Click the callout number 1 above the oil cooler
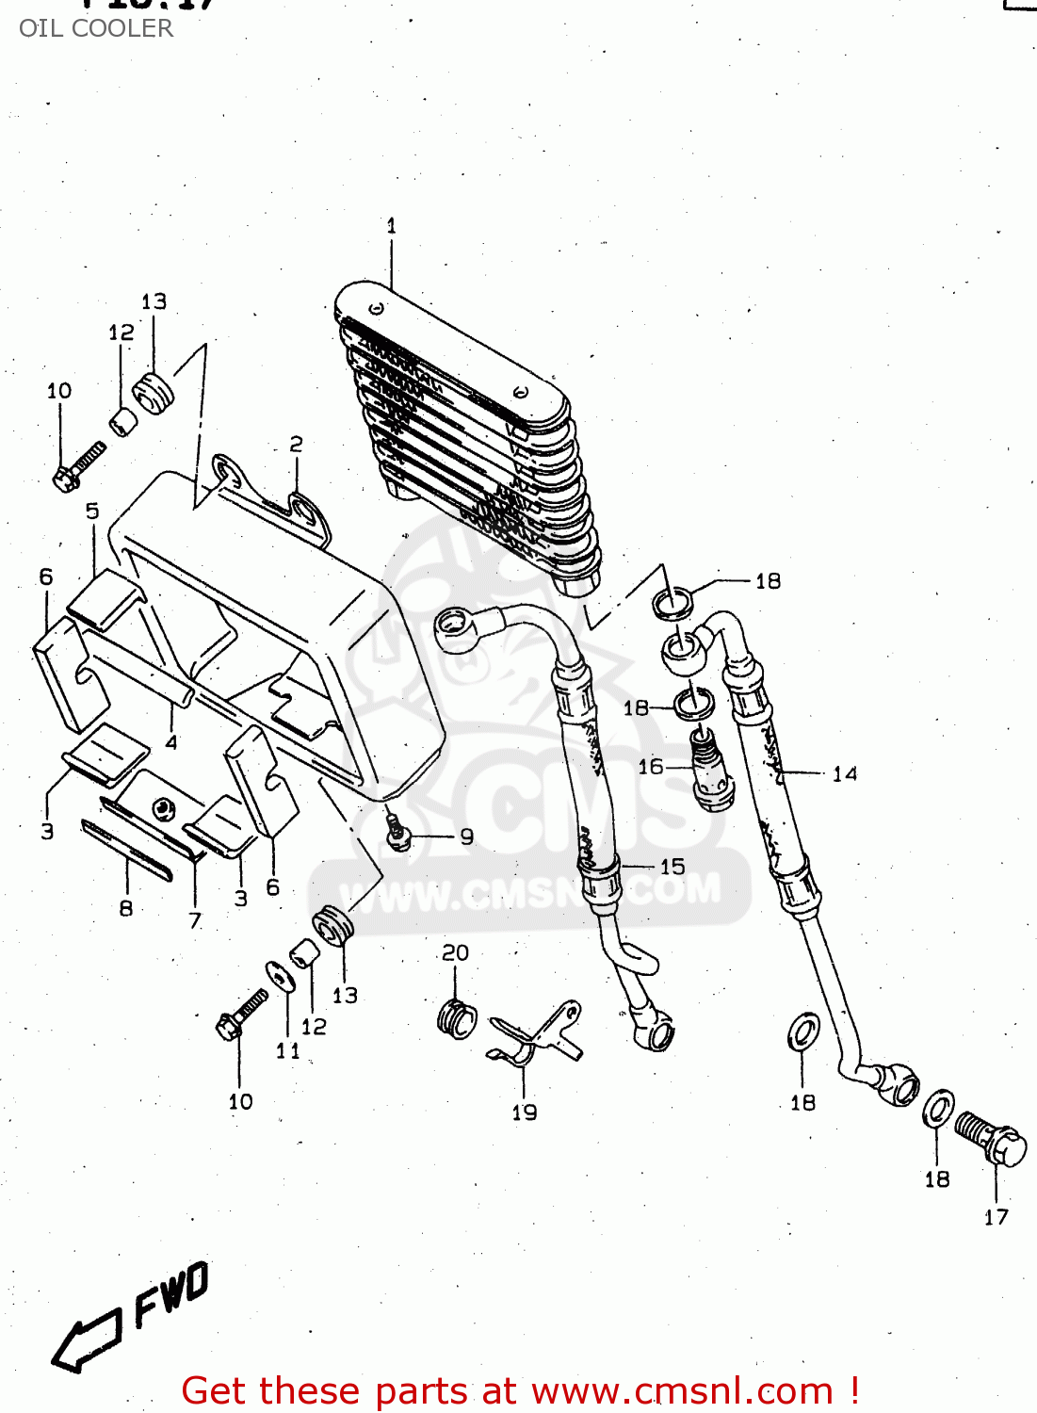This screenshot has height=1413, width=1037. coord(391,226)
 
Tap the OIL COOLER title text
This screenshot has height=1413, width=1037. coord(96,28)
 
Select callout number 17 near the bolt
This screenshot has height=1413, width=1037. coord(996,1217)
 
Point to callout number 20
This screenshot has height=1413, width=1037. coord(455,953)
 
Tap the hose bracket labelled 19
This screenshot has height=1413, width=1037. coord(537,1036)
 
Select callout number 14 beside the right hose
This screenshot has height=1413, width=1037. coord(845,774)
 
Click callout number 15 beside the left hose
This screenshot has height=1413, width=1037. coord(672,867)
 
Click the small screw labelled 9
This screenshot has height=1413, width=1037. coord(398,834)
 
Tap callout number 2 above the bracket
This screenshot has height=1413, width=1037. coord(296,445)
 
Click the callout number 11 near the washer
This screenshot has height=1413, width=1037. coord(288,1050)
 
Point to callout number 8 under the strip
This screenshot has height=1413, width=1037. coord(125,909)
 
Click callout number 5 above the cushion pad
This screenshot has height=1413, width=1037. coord(92,512)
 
